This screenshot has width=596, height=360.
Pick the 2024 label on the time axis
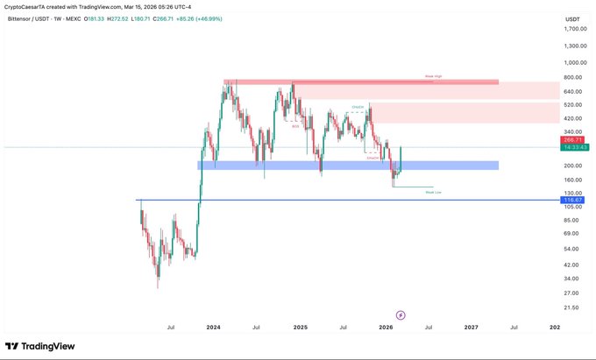coord(213,327)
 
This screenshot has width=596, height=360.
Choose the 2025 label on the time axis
coord(300,327)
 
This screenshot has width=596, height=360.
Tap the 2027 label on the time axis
coord(471,327)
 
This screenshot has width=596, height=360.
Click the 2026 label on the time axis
coord(385,327)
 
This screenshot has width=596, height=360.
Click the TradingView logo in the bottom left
coord(42,344)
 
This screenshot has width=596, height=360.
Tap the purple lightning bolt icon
coord(401,314)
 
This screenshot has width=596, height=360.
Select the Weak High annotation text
coord(433,76)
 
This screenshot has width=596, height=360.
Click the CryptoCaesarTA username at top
coord(26,5)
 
